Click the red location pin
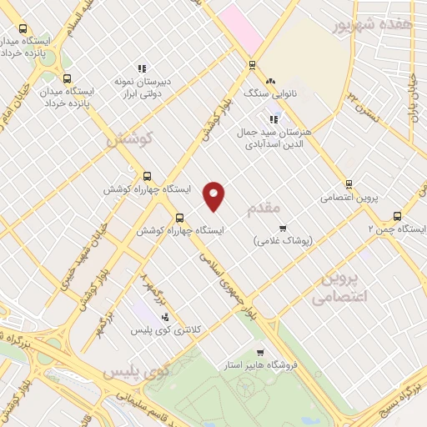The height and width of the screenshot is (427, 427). coord(214,195)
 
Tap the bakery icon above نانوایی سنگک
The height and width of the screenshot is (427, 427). coord(269,81)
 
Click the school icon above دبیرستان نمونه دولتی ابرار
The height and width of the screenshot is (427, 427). coord(142,68)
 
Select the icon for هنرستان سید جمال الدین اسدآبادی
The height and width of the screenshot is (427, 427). coord(274,119)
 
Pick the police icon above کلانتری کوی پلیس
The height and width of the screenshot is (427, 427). coord(164,317)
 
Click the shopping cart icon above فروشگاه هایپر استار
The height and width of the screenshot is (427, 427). coord(260,352)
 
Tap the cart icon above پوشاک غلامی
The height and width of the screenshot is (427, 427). coord(283,227)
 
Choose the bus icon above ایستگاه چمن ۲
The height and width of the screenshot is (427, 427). coord(397,215)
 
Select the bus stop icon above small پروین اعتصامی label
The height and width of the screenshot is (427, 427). coord(349,185)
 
